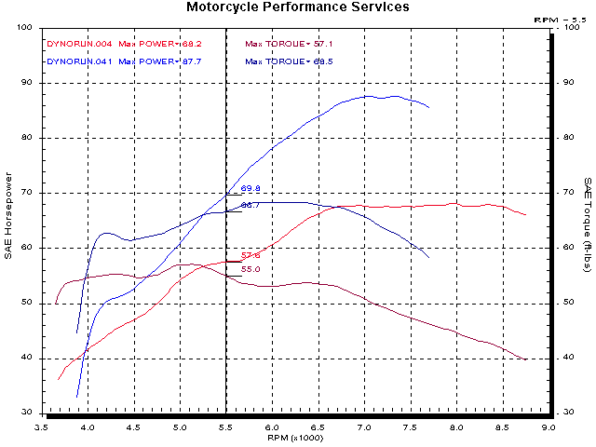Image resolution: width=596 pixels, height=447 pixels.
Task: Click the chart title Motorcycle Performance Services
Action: [297, 7]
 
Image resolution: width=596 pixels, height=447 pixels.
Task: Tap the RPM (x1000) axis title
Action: [296, 436]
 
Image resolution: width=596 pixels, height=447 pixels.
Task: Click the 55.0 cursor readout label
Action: [251, 269]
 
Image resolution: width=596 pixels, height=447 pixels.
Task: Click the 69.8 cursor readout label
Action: [251, 189]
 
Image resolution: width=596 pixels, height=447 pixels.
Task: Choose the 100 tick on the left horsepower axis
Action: [26, 28]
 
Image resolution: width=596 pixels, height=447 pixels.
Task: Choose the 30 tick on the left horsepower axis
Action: [29, 413]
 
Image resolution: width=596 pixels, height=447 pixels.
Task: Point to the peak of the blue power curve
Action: [370, 96]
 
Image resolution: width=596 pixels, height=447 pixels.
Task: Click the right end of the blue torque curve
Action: [429, 258]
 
